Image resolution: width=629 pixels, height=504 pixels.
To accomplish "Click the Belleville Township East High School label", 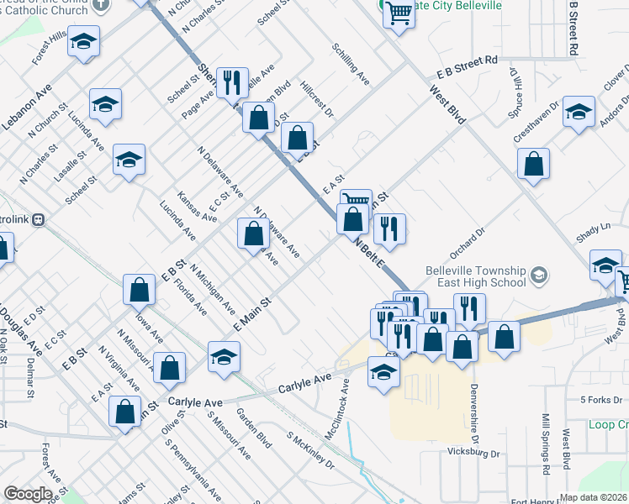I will click(476, 276).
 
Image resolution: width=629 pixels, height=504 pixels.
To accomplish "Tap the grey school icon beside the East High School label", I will click(539, 274).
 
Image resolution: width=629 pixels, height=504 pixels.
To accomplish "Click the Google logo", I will click(28, 494).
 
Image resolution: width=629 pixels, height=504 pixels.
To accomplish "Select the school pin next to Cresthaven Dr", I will click(579, 113).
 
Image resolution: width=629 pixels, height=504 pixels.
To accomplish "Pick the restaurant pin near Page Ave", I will click(232, 81).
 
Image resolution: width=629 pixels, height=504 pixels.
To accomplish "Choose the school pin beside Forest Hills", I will click(83, 42).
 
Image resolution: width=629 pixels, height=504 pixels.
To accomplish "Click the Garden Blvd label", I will click(254, 428).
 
